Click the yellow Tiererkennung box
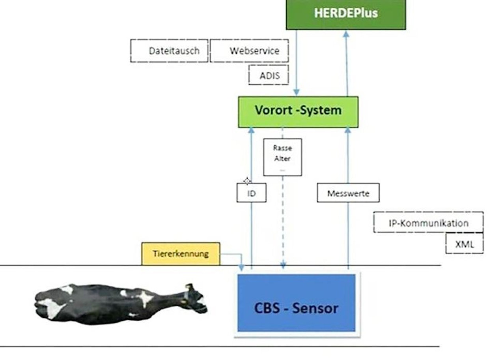pyautogui.click(x=181, y=253)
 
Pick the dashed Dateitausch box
pyautogui.click(x=169, y=51)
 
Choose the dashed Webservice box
pyautogui.click(x=249, y=51)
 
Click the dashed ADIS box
pyautogui.click(x=269, y=75)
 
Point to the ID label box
pyautogui.click(x=251, y=193)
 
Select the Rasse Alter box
pyautogui.click(x=282, y=157)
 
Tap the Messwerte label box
pyautogui.click(x=348, y=193)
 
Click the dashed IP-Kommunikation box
pyautogui.click(x=428, y=222)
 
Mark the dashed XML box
pyautogui.click(x=465, y=244)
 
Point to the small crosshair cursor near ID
pyautogui.click(x=247, y=181)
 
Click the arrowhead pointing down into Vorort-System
pyautogui.click(x=297, y=92)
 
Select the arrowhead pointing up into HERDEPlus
pyautogui.click(x=346, y=34)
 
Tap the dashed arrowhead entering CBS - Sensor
pyautogui.click(x=282, y=266)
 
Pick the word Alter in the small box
pyautogui.click(x=282, y=159)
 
